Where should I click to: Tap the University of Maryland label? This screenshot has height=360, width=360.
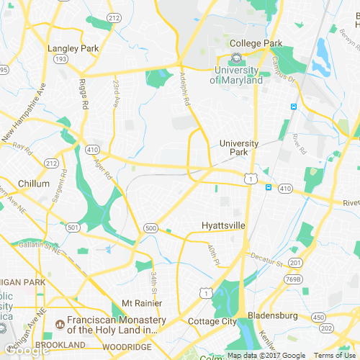coord(236,75)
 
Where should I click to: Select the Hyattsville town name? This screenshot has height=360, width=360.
coord(222,226)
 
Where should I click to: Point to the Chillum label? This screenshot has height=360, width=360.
coord(33,184)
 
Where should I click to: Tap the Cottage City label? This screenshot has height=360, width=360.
coord(211,321)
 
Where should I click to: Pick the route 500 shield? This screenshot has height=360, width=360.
coord(150,228)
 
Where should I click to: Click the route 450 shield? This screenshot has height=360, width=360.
coord(318,317)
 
